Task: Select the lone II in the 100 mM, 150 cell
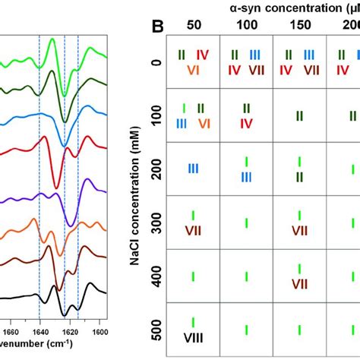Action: tap(299, 115)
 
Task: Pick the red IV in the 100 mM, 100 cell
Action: tap(247, 123)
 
